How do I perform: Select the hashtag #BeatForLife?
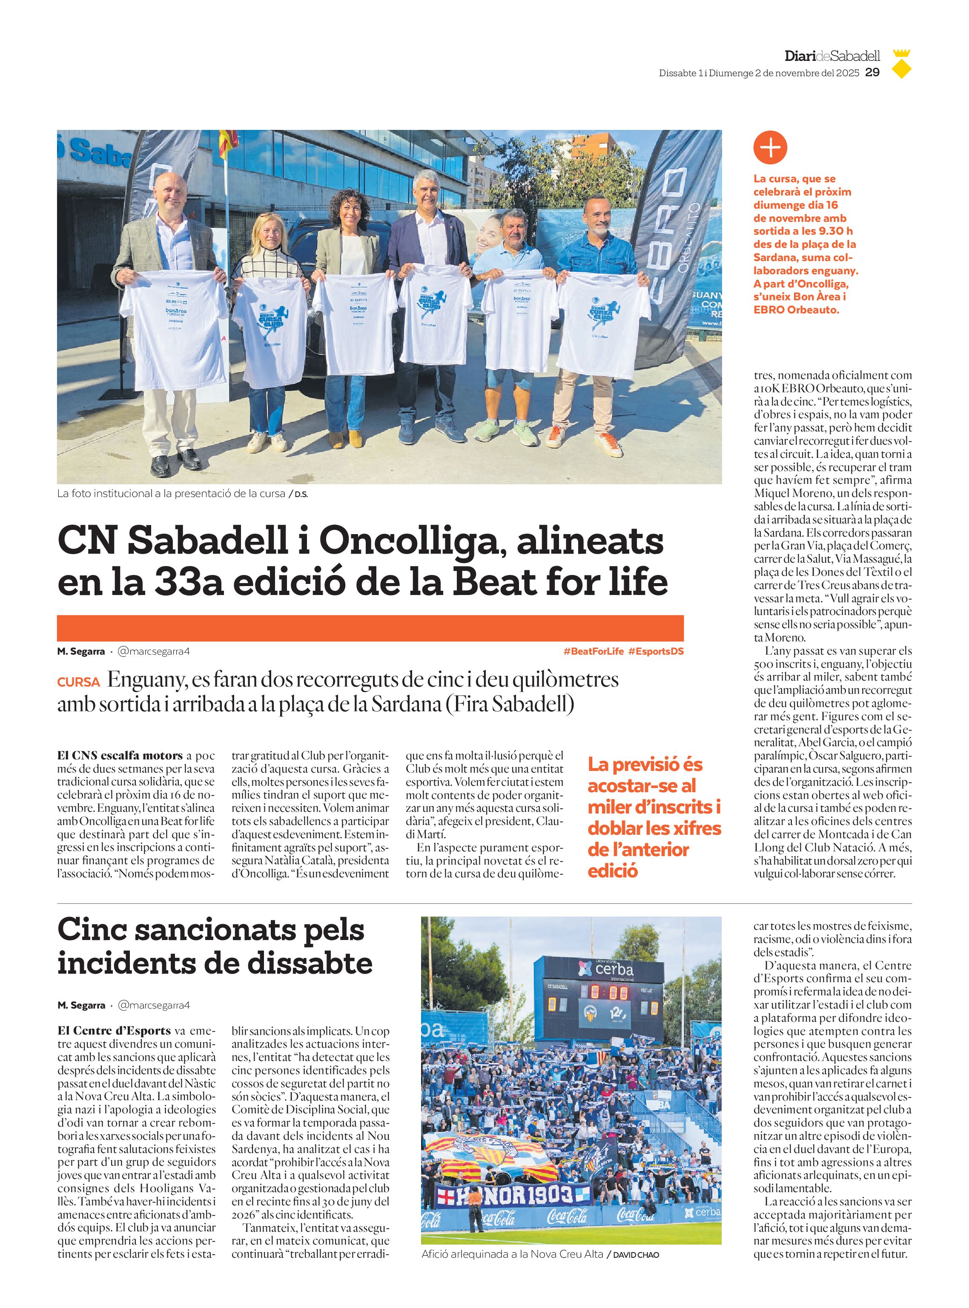coord(593,651)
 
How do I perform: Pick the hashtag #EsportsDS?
coord(656,651)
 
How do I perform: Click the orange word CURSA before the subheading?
coord(78,682)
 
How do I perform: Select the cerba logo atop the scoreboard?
coord(605,969)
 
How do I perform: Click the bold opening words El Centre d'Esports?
coord(114,1030)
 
